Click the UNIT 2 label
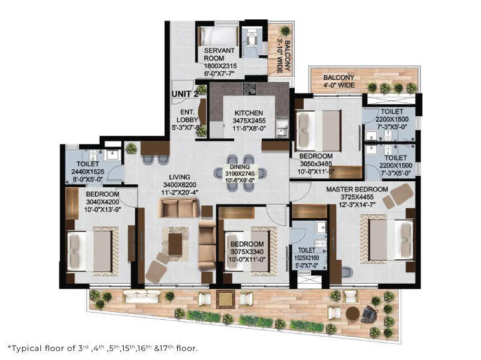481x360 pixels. [185, 94]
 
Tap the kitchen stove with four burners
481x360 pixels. [249, 89]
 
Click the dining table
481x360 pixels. [240, 174]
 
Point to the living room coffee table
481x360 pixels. [175, 244]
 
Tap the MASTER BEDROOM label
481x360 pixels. [357, 190]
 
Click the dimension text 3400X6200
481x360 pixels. [180, 185]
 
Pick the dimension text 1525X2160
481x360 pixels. [306, 258]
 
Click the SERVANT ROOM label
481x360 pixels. [219, 54]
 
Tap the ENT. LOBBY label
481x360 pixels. [187, 116]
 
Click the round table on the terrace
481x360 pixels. [352, 313]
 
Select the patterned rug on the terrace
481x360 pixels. [225, 299]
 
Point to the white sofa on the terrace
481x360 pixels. [141, 296]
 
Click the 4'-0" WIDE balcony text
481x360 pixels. [339, 85]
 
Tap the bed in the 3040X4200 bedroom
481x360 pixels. [89, 251]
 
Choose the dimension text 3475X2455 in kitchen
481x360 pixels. [249, 121]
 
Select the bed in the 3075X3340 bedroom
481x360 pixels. [247, 251]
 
